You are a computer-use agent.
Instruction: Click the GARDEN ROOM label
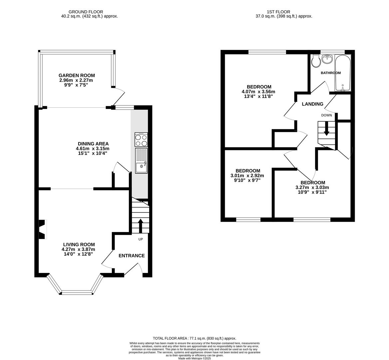pos(77,75)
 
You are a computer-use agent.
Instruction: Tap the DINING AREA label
pos(93,144)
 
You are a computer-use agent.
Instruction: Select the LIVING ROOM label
pos(79,245)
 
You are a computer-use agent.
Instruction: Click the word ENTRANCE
pos(132,256)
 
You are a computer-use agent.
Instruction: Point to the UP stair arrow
pos(141,226)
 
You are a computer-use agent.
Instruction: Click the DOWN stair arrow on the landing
pos(326,128)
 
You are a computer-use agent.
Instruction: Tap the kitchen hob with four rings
pos(141,140)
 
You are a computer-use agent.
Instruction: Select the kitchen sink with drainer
pos(142,161)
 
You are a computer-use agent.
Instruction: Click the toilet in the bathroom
pos(316,61)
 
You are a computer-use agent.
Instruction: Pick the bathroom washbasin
pos(327,59)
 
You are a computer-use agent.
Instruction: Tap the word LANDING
pos(313,104)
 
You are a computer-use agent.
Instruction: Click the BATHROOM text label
pos(331,73)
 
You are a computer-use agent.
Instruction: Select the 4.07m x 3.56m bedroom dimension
pos(258,92)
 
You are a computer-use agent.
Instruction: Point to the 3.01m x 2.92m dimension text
pos(247,176)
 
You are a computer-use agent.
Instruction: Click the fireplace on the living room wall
pos(42,229)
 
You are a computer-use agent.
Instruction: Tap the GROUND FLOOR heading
pos(86,12)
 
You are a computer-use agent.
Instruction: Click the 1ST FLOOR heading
pos(278,12)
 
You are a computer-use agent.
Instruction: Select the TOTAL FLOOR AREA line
pos(195,338)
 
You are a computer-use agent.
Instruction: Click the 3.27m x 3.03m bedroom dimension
pos(312,187)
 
